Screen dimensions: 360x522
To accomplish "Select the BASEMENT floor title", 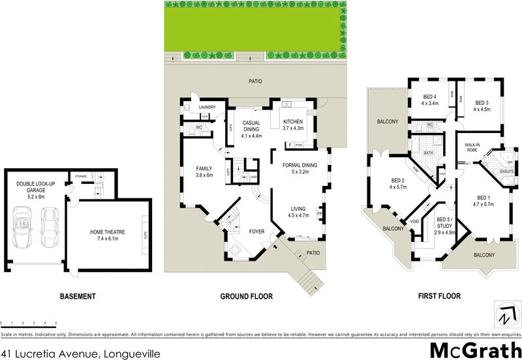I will click(78, 296).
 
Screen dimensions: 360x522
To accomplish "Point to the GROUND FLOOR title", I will click(246, 296).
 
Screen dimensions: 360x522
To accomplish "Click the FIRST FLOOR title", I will click(438, 296).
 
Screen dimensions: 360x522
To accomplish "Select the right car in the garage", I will click(50, 223).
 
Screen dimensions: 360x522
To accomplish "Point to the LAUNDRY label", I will click(207, 107).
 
